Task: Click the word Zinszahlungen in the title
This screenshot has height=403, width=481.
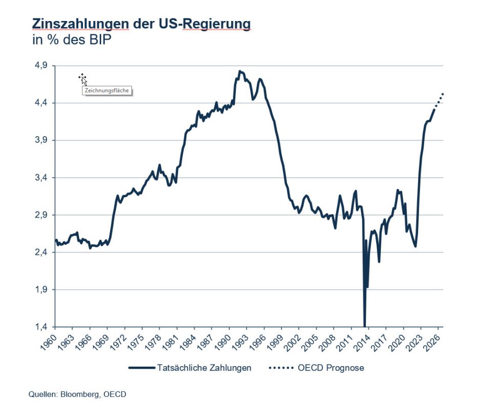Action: [x=80, y=24]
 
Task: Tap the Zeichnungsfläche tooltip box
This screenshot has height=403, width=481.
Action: [x=105, y=91]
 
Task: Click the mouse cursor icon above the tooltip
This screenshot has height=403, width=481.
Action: [x=82, y=78]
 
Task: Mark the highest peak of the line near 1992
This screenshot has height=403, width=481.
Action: [x=240, y=72]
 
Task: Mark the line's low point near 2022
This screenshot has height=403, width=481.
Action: [x=416, y=246]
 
